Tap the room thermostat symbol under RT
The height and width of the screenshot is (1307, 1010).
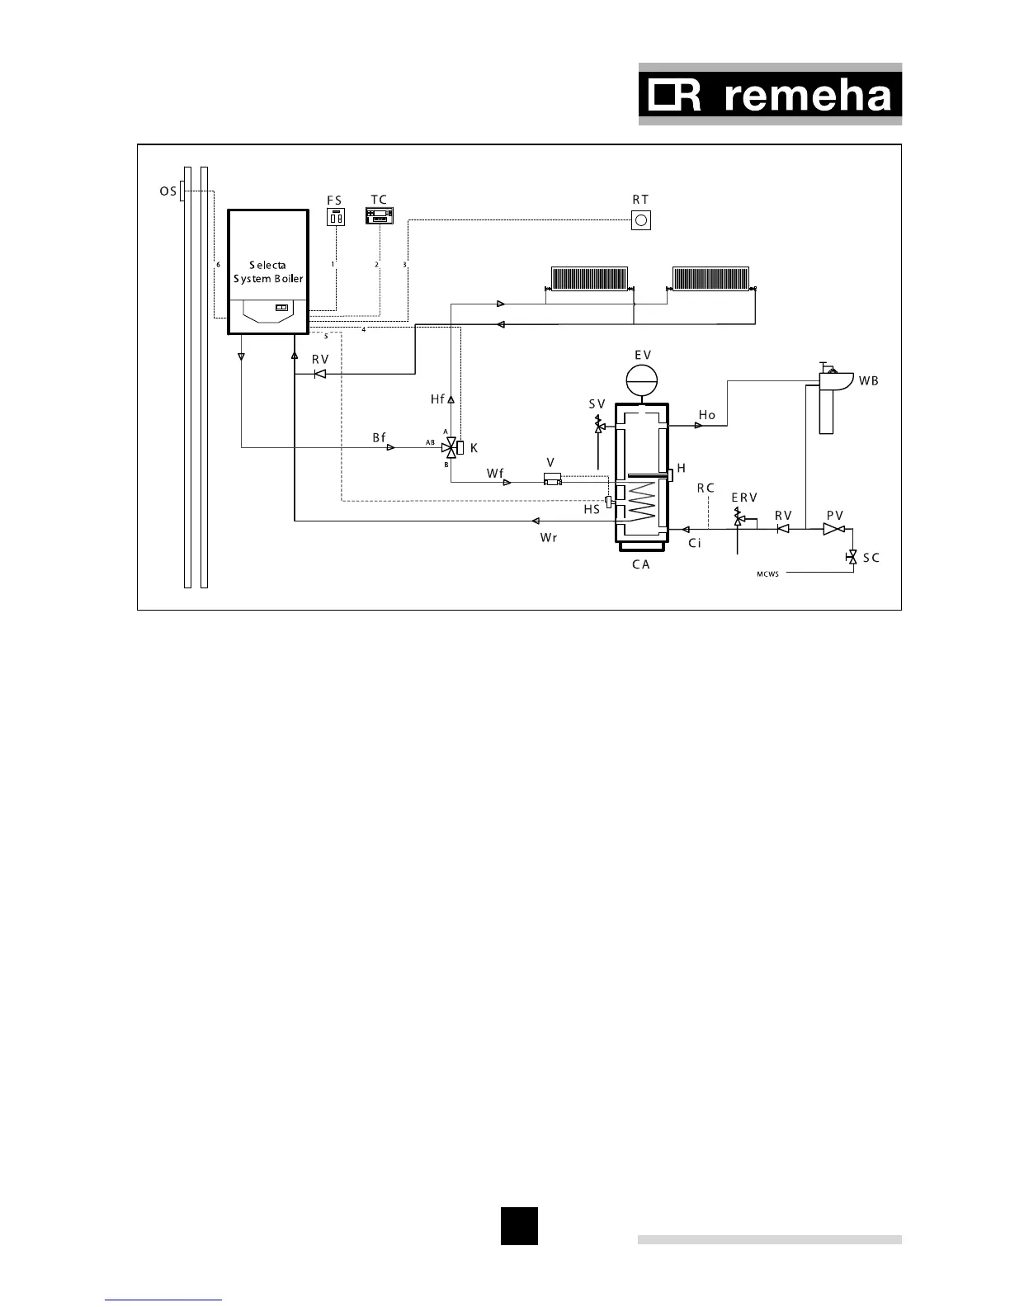[x=640, y=220]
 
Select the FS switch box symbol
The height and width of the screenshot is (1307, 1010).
[x=336, y=218]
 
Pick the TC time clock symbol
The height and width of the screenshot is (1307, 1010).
[x=380, y=216]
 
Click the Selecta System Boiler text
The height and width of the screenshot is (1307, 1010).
[x=268, y=272]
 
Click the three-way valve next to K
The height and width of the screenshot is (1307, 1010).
[x=450, y=448]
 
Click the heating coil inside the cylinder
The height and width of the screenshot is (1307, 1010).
[x=641, y=502]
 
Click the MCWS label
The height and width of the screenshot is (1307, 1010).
[x=767, y=573]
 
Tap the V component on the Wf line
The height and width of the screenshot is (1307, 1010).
[x=552, y=479]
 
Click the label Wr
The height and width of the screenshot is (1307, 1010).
[x=549, y=538]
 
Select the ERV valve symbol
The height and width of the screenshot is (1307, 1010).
[x=738, y=519]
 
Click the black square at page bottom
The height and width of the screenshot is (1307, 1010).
[x=519, y=1225]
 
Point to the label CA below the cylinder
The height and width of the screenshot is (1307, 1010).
[x=640, y=565]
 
